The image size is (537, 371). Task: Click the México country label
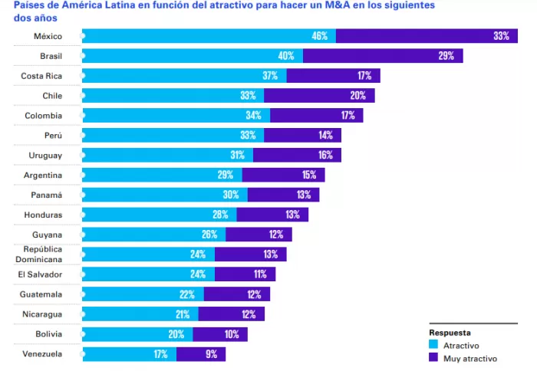[x=48, y=37]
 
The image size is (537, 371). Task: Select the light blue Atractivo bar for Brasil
[x=192, y=56]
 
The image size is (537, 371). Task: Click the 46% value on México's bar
[x=319, y=36]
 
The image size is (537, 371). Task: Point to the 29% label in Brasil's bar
[x=446, y=56]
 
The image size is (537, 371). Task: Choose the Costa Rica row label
[x=41, y=76]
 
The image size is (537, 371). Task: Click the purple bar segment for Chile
[x=319, y=96]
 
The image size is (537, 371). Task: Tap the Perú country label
[x=52, y=136]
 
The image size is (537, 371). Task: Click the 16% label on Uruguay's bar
[x=325, y=156]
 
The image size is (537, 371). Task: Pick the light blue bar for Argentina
[x=161, y=176]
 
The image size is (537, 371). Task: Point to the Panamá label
[x=48, y=195]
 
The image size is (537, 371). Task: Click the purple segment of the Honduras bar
[x=272, y=215]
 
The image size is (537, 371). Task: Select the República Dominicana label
[x=43, y=254]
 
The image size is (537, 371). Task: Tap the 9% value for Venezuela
[x=211, y=354]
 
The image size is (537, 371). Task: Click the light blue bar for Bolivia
[x=137, y=334]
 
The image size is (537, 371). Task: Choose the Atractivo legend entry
[x=461, y=346]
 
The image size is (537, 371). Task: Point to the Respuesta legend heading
[x=450, y=333]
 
